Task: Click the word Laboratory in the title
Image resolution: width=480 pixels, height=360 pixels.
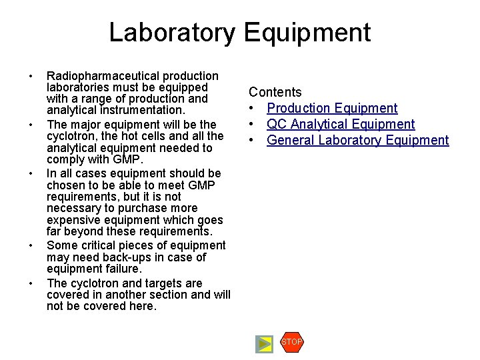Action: [172, 33]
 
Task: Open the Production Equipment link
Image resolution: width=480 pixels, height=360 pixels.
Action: [332, 108]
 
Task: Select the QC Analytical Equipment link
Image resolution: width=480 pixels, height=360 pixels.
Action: [341, 124]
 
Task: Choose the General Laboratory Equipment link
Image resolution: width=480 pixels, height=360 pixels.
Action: [358, 140]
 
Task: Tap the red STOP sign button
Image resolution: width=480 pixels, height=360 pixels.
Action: [291, 342]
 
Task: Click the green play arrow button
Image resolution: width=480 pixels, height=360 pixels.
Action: [265, 344]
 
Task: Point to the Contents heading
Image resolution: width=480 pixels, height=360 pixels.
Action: [275, 92]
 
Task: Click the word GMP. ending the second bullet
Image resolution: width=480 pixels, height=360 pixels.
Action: [126, 160]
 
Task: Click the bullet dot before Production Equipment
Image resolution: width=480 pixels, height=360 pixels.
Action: [253, 108]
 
